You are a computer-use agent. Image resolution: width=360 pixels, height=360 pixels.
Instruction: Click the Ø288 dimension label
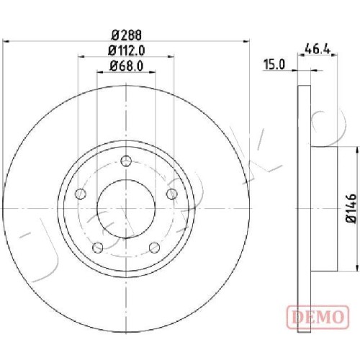127,35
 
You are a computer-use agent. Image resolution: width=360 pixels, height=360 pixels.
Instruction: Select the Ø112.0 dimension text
127,50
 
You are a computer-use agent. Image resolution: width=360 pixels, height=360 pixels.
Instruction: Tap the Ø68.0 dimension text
127,66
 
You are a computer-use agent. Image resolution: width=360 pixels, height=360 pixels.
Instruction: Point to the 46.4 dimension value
318,50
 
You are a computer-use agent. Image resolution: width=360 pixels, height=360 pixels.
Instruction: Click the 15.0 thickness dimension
274,65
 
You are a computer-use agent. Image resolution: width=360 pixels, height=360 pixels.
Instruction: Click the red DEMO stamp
318,317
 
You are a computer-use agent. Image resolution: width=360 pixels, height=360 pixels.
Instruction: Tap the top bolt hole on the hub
126,161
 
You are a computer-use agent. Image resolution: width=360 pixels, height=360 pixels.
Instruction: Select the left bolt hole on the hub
81,194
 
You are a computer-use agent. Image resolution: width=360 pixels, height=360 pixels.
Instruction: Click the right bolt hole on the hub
172,194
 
